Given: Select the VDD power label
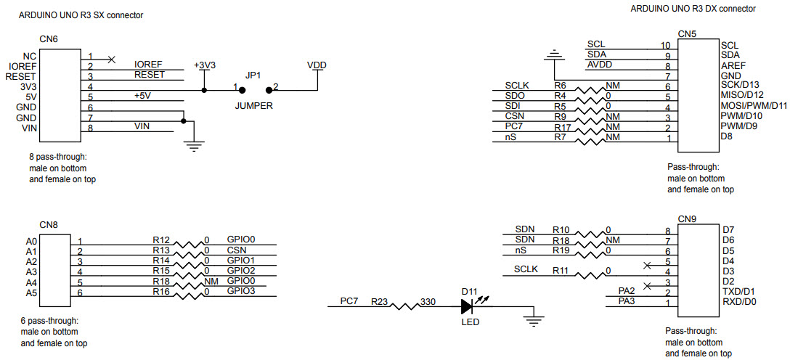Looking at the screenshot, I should tap(317, 65).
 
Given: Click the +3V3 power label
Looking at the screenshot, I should tap(205, 65).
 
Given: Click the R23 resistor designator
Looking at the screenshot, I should tap(379, 300).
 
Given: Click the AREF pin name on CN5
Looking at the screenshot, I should tap(733, 65).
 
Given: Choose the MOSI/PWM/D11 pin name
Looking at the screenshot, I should tap(754, 106).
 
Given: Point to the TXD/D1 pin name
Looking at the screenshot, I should tap(738, 291).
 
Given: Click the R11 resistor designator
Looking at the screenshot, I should tap(561, 270).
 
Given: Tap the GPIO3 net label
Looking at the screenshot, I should tap(241, 290).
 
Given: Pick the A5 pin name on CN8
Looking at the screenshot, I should tap(30, 292).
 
